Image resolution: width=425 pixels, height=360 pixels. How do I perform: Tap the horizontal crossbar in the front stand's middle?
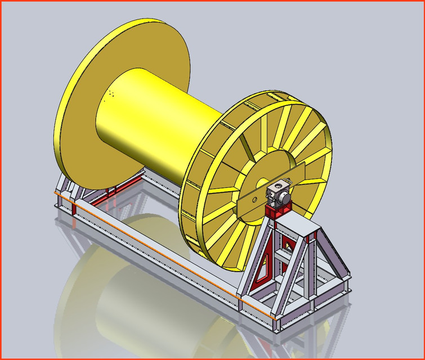pos(287,256)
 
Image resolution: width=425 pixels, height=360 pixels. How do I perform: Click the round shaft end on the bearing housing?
pos(286,197)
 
